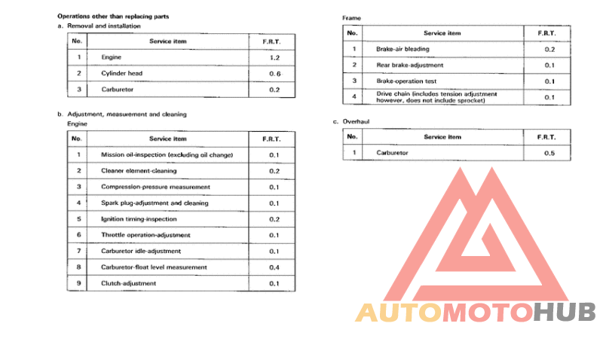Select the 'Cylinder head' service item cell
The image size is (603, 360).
121,73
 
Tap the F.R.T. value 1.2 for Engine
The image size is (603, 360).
274,57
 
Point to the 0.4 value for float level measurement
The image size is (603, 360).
274,267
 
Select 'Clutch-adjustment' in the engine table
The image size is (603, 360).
129,283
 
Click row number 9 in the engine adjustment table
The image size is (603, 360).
78,283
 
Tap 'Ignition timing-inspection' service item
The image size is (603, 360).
139,219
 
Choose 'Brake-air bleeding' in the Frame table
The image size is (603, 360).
403,49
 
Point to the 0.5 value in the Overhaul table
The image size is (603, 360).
549,153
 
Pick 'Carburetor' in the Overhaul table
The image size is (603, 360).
392,153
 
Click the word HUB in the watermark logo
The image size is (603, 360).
565,311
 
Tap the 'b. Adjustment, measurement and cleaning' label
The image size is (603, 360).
122,114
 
